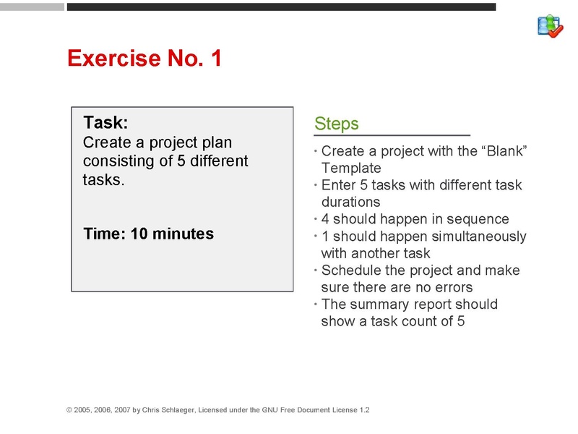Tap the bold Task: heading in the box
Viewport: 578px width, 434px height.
pos(105,122)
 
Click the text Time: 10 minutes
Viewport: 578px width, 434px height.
pos(148,234)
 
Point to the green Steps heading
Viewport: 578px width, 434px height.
pos(336,124)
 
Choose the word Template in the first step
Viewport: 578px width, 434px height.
pos(350,168)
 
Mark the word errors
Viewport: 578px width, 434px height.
pos(452,287)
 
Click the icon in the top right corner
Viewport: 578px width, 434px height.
pos(550,26)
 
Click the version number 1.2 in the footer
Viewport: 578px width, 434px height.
pos(364,410)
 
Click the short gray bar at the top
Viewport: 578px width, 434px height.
pos(32,7)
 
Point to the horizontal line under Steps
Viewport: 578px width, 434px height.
pos(392,135)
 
